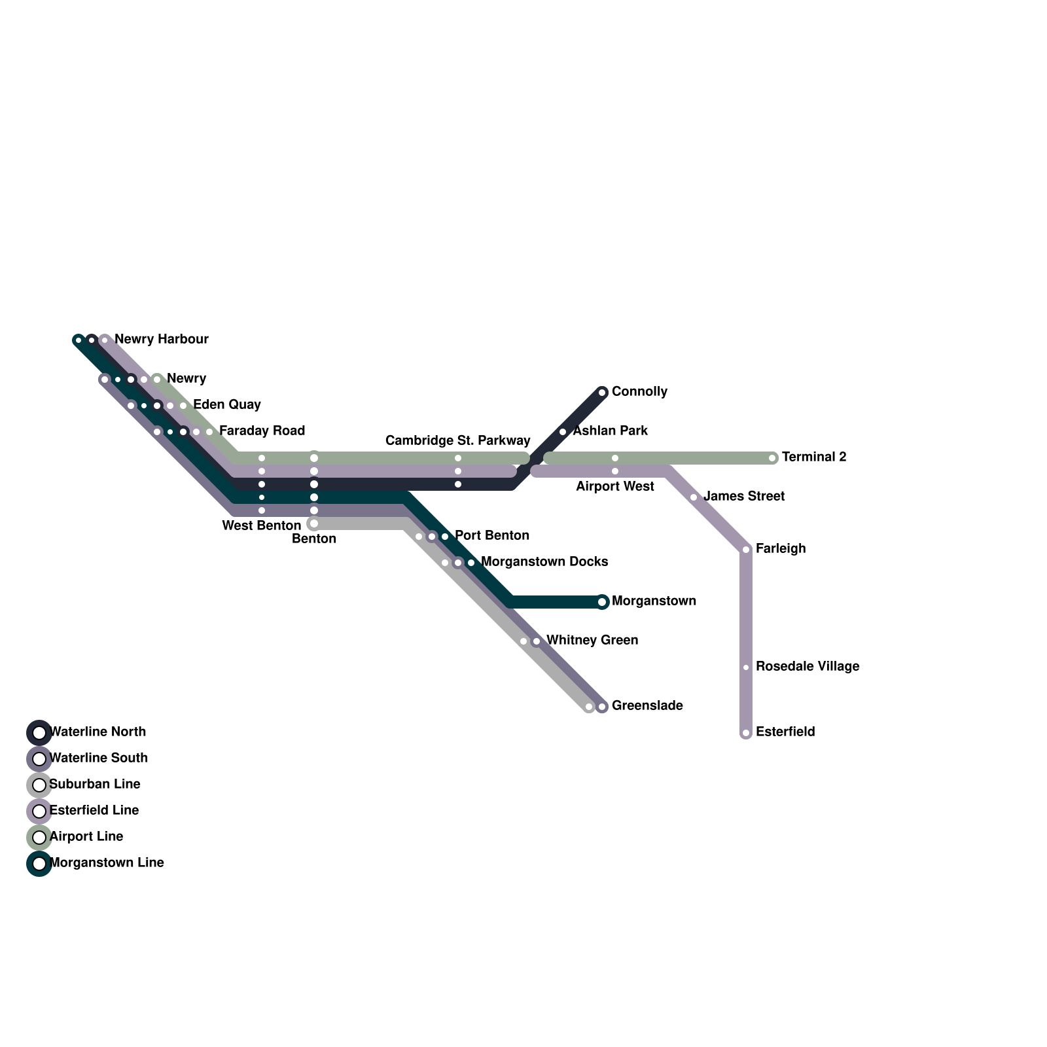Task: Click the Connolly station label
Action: pyautogui.click(x=639, y=392)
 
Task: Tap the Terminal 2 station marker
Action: pyautogui.click(x=773, y=458)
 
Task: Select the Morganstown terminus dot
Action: pyautogui.click(x=602, y=602)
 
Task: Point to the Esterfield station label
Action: pyautogui.click(x=785, y=732)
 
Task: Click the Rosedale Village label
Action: pyautogui.click(x=807, y=667)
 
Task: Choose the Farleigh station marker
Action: pyautogui.click(x=746, y=550)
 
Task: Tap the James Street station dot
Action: pyautogui.click(x=694, y=497)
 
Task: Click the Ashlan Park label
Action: pyautogui.click(x=610, y=431)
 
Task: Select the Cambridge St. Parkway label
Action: pyautogui.click(x=457, y=440)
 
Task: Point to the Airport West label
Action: pyautogui.click(x=614, y=487)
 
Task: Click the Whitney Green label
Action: pyautogui.click(x=592, y=641)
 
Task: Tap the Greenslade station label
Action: pyautogui.click(x=647, y=706)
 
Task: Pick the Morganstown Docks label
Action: pyautogui.click(x=544, y=562)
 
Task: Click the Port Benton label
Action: pyautogui.click(x=491, y=536)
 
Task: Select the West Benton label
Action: pyautogui.click(x=261, y=526)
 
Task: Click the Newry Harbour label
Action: pyautogui.click(x=161, y=340)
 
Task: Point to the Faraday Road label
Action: pyautogui.click(x=262, y=431)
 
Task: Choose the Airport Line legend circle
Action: pyautogui.click(x=39, y=837)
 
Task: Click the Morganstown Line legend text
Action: pyautogui.click(x=106, y=863)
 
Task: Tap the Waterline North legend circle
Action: pyautogui.click(x=39, y=732)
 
